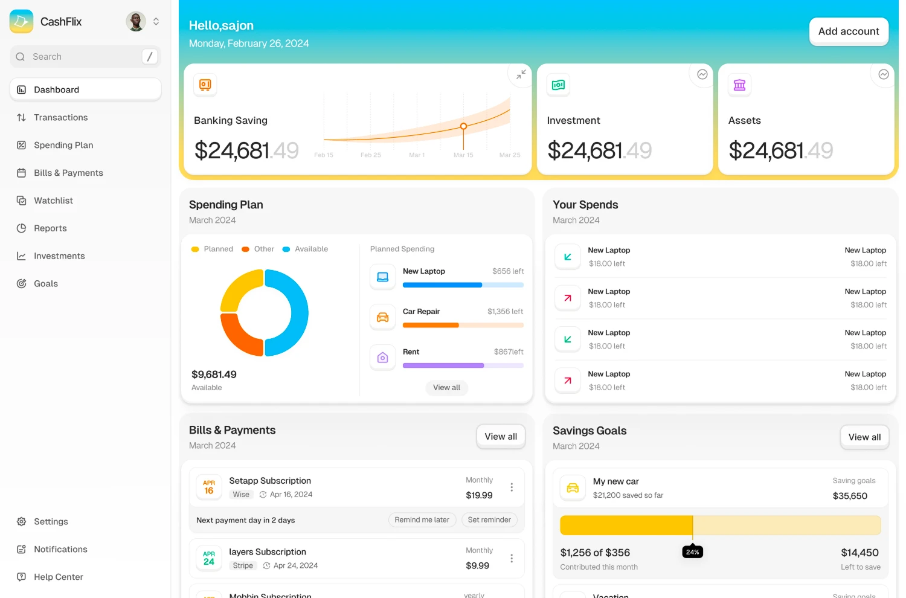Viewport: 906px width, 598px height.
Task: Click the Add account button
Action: tap(849, 31)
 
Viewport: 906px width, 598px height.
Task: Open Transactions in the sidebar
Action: tap(60, 117)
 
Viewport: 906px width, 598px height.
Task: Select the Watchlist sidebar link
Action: tap(53, 201)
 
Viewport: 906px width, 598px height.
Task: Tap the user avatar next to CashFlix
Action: tap(136, 22)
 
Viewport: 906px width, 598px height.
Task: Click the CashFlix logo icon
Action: tap(22, 22)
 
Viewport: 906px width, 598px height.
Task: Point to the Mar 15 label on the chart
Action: tap(463, 155)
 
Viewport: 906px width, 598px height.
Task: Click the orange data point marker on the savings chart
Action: tap(463, 126)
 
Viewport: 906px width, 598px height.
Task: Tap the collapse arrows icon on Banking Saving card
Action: tap(521, 74)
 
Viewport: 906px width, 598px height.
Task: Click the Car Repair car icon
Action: tap(383, 317)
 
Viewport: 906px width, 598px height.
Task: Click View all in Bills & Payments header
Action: tap(501, 437)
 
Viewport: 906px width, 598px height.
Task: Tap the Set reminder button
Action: tap(489, 519)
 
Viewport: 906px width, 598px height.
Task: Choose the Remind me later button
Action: tap(422, 519)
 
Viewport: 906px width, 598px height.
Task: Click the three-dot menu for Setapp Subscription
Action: tap(512, 487)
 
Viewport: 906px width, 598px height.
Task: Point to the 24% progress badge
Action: tap(693, 552)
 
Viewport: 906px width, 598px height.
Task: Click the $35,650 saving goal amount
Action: tap(850, 496)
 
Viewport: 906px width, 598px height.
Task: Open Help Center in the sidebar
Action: tap(58, 577)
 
